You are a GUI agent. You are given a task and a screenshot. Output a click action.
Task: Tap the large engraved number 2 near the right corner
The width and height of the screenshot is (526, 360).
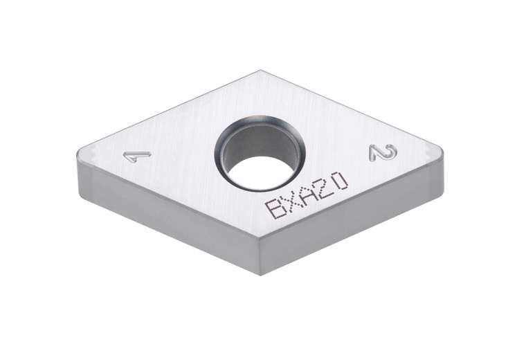coord(383,152)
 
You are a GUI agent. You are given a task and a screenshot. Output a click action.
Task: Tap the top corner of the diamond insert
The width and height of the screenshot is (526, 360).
coord(260,71)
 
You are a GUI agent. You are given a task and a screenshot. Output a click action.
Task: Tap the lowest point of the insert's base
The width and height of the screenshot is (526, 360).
coord(260,274)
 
